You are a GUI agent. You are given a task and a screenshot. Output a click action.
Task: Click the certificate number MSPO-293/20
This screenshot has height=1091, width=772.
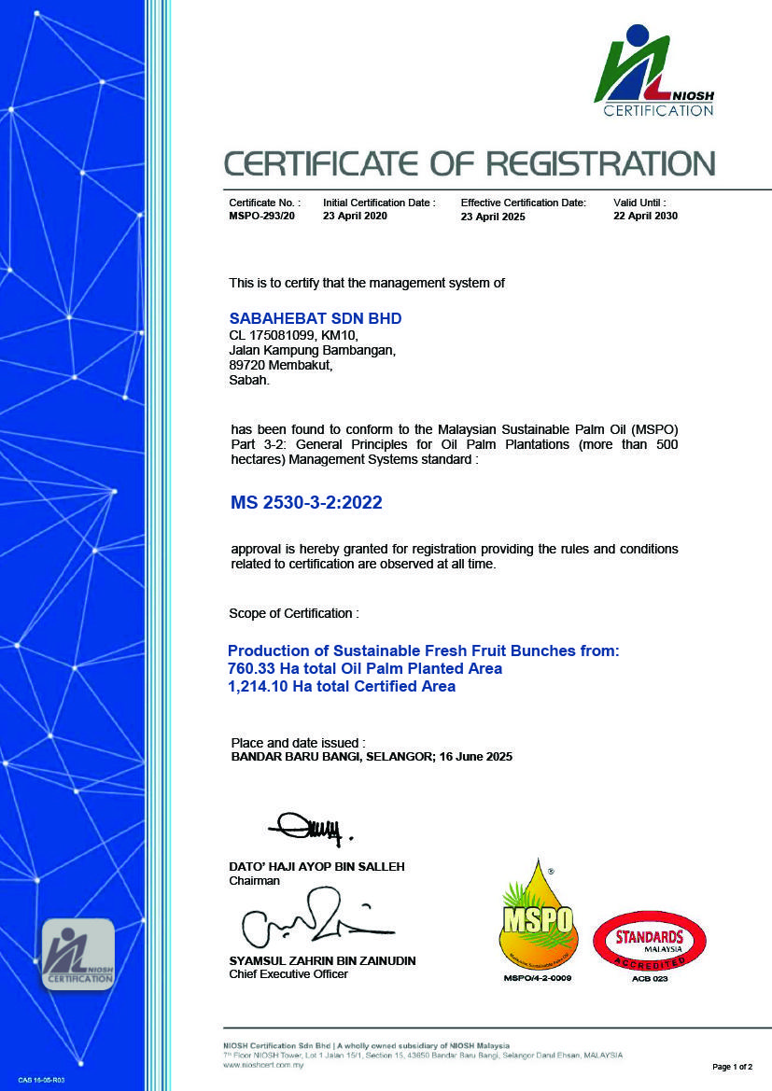pyautogui.click(x=261, y=217)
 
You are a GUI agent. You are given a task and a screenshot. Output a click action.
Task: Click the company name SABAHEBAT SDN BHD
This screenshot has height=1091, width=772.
pyautogui.click(x=316, y=318)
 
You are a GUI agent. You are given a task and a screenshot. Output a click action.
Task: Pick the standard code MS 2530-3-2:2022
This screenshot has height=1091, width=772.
pyautogui.click(x=306, y=503)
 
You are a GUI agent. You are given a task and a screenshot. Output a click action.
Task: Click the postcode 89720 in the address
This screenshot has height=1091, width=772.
pyautogui.click(x=247, y=366)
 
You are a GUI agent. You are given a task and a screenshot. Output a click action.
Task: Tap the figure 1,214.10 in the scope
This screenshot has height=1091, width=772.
pyautogui.click(x=258, y=686)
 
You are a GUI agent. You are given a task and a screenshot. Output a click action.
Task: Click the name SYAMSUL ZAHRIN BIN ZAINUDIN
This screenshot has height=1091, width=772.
pyautogui.click(x=322, y=960)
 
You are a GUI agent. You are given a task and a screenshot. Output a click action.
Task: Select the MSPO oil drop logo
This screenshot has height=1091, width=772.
pyautogui.click(x=537, y=916)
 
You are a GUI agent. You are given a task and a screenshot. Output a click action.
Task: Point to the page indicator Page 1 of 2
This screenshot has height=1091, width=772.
pyautogui.click(x=732, y=1066)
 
